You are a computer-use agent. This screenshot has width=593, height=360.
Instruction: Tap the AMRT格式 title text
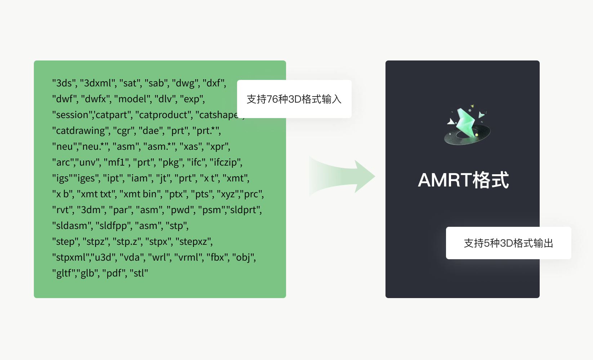463,180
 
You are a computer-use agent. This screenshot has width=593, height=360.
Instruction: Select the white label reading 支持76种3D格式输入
294,99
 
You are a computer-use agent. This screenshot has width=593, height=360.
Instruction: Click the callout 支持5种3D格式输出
509,243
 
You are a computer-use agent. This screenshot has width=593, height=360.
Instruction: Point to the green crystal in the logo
466,122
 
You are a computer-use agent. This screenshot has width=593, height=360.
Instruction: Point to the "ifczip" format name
225,162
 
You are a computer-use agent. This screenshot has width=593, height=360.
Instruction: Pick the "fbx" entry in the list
217,257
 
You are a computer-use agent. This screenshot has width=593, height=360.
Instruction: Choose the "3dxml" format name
98,83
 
